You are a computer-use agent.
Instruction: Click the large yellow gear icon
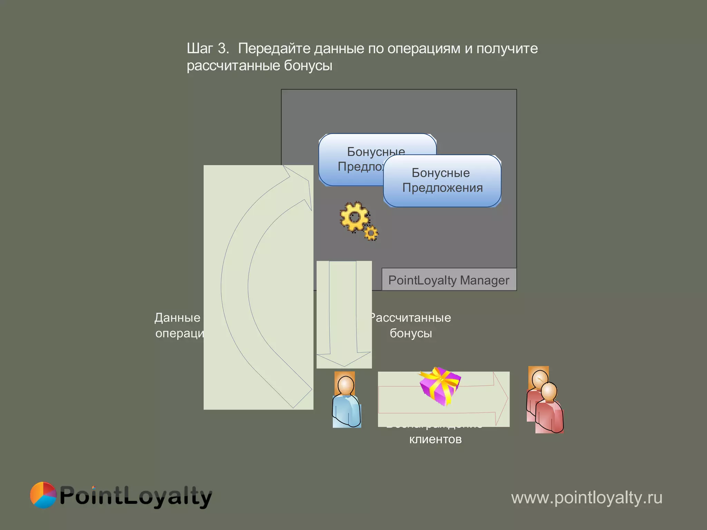point(354,217)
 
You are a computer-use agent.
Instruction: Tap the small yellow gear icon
point(371,233)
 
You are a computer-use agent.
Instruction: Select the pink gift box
point(440,386)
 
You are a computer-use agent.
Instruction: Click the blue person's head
point(346,385)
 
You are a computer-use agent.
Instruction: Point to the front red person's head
point(549,392)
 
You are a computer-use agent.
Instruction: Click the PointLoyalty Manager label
point(449,280)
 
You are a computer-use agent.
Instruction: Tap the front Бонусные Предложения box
point(442,180)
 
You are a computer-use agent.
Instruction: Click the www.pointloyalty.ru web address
point(587,498)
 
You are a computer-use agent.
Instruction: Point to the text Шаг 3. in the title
point(208,48)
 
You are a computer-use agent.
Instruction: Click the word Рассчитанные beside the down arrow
point(411,317)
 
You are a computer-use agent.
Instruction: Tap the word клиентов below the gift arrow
point(435,439)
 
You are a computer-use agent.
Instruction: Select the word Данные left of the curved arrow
point(177,317)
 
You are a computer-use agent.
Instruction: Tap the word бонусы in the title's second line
point(308,66)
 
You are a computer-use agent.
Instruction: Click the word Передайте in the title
point(274,48)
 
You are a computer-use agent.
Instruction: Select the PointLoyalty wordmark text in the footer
point(136,496)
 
